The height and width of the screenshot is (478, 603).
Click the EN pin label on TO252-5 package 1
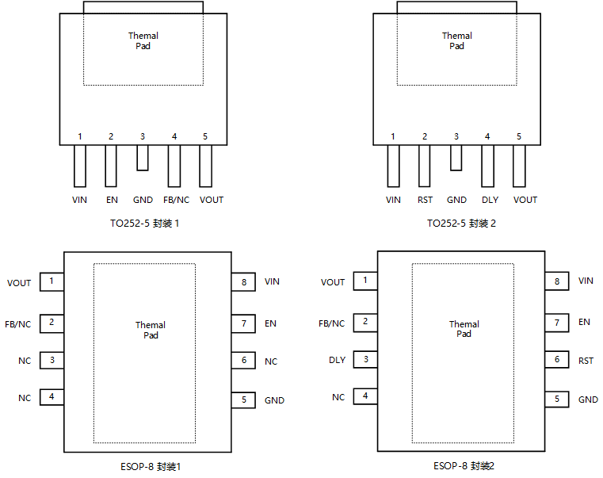point(112,200)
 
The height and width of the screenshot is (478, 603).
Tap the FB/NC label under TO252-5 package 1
point(176,200)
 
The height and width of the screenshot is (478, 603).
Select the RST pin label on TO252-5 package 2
point(425,200)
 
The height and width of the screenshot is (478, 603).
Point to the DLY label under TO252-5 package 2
point(490,200)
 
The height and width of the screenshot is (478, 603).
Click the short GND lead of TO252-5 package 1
point(143,158)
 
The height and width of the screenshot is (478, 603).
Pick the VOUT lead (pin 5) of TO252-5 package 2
point(519,166)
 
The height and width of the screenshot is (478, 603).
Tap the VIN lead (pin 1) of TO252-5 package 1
point(80,166)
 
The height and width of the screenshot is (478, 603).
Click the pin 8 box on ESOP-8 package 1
point(243,282)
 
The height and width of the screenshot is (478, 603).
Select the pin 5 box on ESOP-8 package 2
point(557,399)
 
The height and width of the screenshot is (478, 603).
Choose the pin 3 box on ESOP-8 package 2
point(365,359)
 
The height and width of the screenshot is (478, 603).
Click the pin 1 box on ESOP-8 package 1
point(52,281)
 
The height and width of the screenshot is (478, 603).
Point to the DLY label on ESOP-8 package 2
point(338,360)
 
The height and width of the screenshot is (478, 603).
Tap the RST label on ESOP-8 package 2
point(586,361)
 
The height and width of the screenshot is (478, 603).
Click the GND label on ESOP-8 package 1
point(275,400)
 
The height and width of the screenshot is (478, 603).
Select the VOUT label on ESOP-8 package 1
point(19,283)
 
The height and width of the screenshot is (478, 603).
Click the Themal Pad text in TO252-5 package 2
point(457,40)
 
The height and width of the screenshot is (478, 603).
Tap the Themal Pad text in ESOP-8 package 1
point(151,331)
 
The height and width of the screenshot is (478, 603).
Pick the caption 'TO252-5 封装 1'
point(144,224)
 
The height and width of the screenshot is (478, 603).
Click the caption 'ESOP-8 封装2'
point(464,466)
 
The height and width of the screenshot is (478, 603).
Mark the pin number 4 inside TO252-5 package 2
point(487,136)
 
